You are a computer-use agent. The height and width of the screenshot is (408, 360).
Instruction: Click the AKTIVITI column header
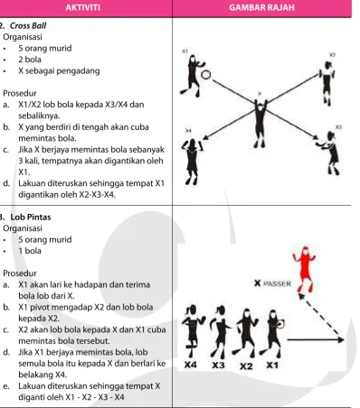pos(83,7)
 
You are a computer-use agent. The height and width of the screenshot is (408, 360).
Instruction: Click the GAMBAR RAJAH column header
pos(261,7)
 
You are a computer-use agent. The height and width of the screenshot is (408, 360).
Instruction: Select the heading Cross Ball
pos(28,25)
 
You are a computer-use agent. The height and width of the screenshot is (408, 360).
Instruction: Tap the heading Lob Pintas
pos(31,217)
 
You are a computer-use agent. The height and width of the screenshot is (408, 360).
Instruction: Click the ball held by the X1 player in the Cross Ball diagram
pos(206,75)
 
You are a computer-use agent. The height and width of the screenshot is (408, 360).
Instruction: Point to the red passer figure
pos(305,269)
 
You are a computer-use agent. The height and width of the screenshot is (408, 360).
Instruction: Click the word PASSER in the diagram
pos(277,283)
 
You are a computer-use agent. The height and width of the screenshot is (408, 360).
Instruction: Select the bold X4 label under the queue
pos(191,365)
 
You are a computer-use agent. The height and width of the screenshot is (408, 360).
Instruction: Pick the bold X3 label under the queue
pos(218,366)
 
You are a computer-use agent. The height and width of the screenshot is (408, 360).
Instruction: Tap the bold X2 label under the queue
pos(246,366)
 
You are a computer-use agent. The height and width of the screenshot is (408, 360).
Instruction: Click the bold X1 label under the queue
pos(272,366)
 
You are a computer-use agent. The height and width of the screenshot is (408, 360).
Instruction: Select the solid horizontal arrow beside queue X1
pos(316,340)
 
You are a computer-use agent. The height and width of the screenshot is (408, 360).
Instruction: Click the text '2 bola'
pos(30,60)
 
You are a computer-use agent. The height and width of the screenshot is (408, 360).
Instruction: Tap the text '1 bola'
pos(30,251)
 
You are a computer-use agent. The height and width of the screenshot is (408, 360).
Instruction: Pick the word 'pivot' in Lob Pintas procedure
pos(36,307)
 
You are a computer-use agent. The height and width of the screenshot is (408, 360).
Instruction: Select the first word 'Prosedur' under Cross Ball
pos(20,93)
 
